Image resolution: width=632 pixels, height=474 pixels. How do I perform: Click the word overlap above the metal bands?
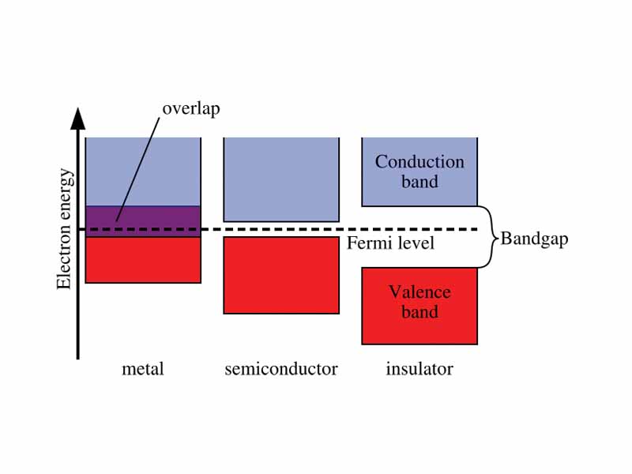[191, 107]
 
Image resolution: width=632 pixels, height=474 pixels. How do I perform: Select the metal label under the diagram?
[143, 369]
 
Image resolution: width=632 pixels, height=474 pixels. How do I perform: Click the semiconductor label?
[281, 369]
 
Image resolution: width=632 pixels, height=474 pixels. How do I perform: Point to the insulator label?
[419, 369]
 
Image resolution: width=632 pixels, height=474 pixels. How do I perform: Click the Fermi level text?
[391, 243]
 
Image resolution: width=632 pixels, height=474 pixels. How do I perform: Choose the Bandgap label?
[534, 239]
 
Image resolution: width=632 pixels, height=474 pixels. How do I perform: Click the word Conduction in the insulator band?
[419, 162]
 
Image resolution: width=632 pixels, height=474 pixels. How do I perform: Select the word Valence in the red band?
[419, 292]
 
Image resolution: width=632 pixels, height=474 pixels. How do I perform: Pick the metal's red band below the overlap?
[143, 260]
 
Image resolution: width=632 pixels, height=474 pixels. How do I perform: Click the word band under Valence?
[419, 312]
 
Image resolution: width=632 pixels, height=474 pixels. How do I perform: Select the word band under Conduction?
[419, 182]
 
